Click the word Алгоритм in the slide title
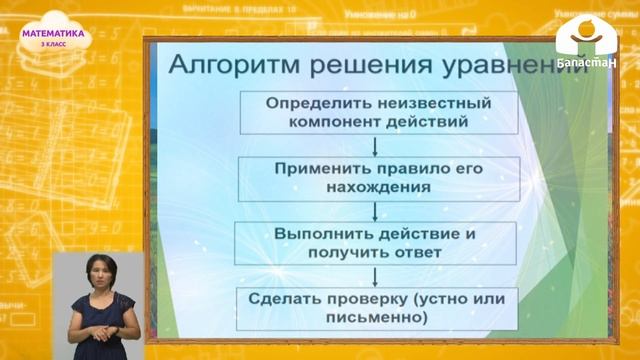(220, 69)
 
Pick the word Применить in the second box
(320, 167)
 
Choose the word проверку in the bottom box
(378, 298)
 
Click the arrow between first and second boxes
(374, 146)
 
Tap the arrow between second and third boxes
(374, 211)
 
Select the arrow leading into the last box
(374, 276)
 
